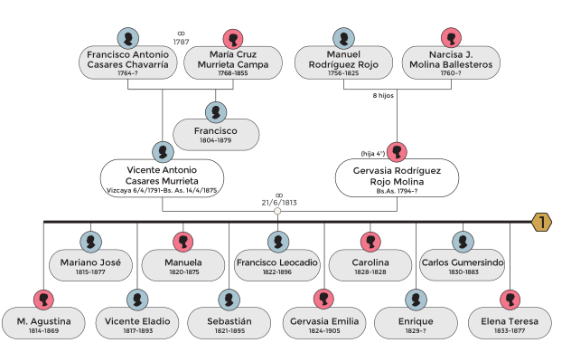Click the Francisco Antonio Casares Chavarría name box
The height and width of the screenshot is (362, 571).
click(x=127, y=64)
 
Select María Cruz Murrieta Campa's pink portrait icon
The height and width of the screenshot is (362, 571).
click(x=233, y=39)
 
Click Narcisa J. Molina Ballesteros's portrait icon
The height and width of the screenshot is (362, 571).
click(x=451, y=39)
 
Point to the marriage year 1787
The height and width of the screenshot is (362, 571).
click(x=181, y=42)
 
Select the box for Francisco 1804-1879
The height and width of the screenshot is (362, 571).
click(x=216, y=135)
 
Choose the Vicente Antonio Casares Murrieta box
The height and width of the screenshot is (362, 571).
click(x=163, y=178)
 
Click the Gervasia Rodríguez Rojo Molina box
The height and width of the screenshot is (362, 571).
click(x=397, y=178)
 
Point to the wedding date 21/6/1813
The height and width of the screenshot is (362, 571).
click(x=279, y=203)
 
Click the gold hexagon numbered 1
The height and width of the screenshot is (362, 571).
click(x=541, y=222)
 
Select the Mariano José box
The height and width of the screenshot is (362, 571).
click(x=90, y=265)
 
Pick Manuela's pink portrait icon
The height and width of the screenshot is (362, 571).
click(x=184, y=242)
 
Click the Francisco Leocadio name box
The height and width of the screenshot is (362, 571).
click(x=277, y=265)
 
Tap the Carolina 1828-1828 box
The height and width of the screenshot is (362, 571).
click(x=370, y=265)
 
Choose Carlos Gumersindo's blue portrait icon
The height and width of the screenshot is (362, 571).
click(x=463, y=242)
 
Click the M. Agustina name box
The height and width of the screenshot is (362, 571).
click(x=43, y=324)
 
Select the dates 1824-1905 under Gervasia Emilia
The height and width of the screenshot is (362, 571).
click(x=323, y=332)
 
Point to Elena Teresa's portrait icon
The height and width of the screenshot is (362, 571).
click(x=510, y=300)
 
